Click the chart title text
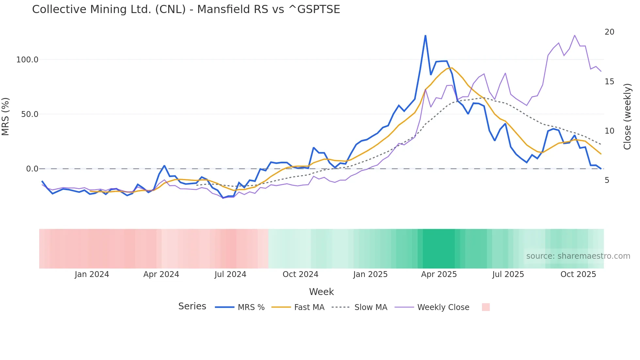(x=186, y=9)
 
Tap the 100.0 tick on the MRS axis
(x=27, y=60)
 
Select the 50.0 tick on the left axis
(x=29, y=114)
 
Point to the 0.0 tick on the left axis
(x=32, y=169)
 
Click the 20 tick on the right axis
(x=609, y=32)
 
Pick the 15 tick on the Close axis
(x=609, y=81)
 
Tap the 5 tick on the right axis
(x=607, y=180)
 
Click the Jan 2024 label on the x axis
(x=92, y=274)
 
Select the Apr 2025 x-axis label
(x=439, y=274)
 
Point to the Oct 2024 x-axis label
(x=300, y=274)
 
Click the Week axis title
(x=321, y=292)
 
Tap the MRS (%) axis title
(x=6, y=117)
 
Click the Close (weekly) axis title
(x=627, y=117)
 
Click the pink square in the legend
(x=486, y=307)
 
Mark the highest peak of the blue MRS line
(x=425, y=36)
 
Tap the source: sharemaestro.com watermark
(x=578, y=256)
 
